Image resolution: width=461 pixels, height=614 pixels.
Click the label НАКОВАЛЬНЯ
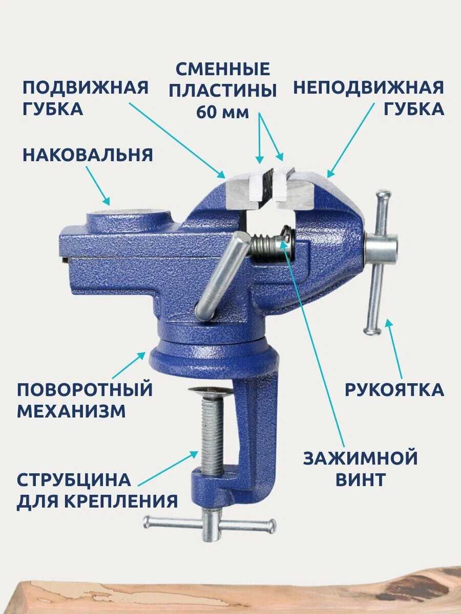(88, 155)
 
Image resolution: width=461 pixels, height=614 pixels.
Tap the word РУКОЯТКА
(394, 390)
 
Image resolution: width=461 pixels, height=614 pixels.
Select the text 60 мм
(222, 113)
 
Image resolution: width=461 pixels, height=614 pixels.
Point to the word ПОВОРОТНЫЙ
(85, 389)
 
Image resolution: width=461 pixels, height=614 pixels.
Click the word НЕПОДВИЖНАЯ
(369, 87)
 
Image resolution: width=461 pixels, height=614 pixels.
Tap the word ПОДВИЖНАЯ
(86, 87)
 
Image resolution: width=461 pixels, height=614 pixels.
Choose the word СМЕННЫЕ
(223, 69)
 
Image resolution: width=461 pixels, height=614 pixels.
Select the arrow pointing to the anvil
(98, 185)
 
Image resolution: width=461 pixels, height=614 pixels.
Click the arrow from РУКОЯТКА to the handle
(395, 348)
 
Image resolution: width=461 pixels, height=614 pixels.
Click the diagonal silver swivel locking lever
(223, 275)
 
